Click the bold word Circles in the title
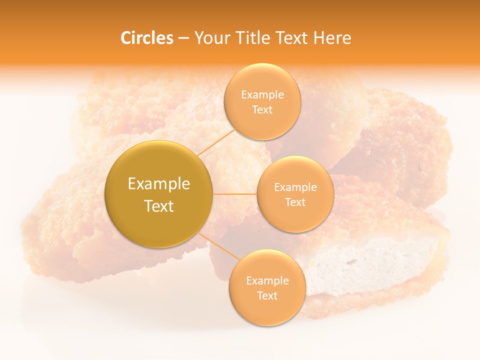147,38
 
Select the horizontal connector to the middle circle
235,193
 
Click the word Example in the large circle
159,184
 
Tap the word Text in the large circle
159,206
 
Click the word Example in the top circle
262,95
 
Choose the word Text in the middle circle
295,202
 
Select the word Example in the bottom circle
267,281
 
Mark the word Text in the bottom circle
267,296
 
